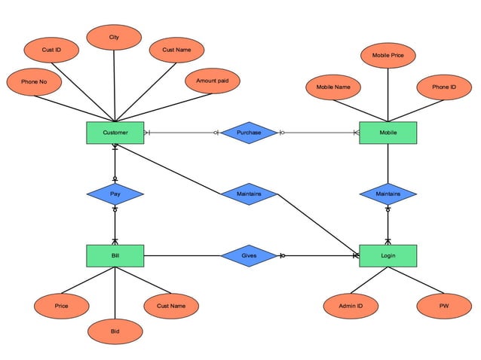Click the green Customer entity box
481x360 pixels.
point(115,133)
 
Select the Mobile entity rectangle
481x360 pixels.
point(388,133)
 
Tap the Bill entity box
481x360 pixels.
point(115,256)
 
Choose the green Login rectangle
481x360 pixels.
point(388,256)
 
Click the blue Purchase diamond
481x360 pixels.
point(249,133)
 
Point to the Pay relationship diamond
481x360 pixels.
point(115,194)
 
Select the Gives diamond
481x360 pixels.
point(249,256)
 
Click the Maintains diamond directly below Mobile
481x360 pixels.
point(388,194)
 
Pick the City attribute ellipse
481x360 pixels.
point(114,37)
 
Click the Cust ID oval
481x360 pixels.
point(51,50)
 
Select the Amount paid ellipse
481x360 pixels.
point(212,81)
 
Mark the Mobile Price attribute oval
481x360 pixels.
point(388,55)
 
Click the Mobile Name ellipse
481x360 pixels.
point(333,87)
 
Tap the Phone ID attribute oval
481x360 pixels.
point(443,87)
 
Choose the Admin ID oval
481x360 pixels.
point(351,306)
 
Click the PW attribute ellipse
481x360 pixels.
point(443,306)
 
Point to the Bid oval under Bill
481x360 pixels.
point(115,331)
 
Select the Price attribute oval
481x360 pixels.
point(61,306)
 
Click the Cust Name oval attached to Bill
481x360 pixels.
point(171,306)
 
